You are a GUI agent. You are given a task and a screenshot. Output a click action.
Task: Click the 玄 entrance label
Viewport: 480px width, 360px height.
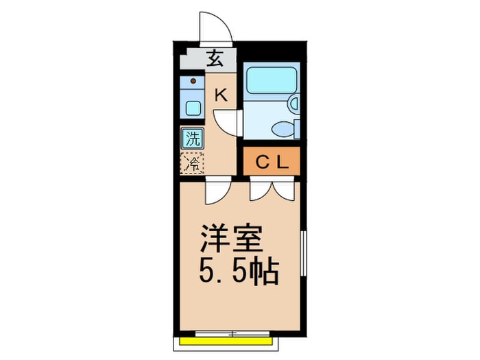click(x=215, y=58)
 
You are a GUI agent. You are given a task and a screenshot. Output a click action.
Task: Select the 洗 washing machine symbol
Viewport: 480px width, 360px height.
click(x=193, y=138)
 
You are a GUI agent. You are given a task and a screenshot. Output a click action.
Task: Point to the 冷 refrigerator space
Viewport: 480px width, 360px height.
click(x=193, y=163)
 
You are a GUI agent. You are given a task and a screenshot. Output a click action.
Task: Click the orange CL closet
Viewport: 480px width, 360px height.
click(x=272, y=162)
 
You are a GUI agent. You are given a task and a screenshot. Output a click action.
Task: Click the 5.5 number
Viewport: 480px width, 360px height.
click(x=219, y=273)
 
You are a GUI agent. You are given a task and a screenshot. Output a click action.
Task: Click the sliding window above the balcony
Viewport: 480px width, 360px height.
click(x=230, y=333)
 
